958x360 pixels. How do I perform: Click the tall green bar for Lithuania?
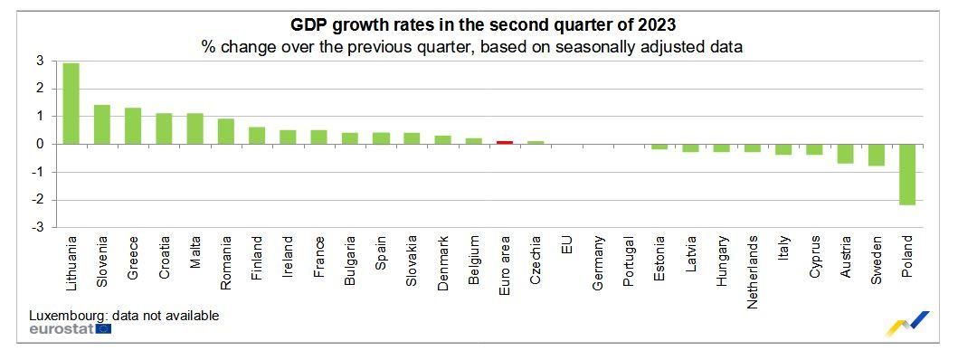tap(71, 103)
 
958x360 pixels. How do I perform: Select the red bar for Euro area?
tap(505, 142)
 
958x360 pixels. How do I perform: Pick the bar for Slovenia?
tap(102, 124)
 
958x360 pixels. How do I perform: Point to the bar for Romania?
tap(226, 131)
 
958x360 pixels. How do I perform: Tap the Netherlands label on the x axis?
tap(753, 272)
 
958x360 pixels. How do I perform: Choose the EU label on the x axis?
tap(567, 245)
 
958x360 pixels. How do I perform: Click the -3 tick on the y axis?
tap(37, 228)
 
